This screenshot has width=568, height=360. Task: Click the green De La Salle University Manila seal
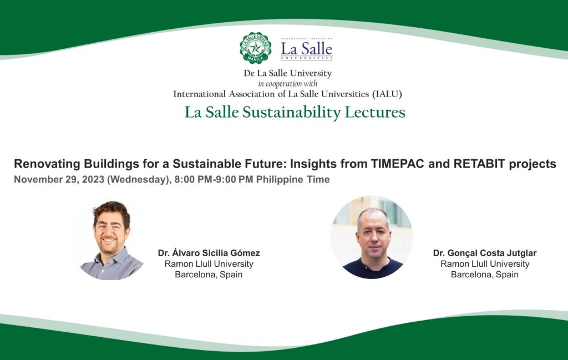(x=255, y=48)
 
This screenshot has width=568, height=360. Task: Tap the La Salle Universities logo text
(x=306, y=49)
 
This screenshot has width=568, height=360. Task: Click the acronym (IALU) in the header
(x=387, y=94)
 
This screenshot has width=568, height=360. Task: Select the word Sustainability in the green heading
(x=292, y=112)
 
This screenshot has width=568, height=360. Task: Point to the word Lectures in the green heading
(x=375, y=112)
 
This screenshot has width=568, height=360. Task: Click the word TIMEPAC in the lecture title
(x=397, y=164)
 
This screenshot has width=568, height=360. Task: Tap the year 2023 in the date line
(x=93, y=179)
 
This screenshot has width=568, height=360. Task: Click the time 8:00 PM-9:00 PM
(x=214, y=179)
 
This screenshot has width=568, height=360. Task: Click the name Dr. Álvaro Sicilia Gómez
(x=209, y=253)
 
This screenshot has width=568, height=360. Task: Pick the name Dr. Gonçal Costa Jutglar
(x=485, y=253)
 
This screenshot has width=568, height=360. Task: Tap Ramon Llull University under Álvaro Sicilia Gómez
(x=209, y=263)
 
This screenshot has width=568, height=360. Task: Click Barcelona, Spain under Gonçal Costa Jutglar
(x=485, y=275)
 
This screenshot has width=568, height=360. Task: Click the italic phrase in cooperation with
(x=288, y=84)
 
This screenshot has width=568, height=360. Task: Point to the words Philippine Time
(x=293, y=180)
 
